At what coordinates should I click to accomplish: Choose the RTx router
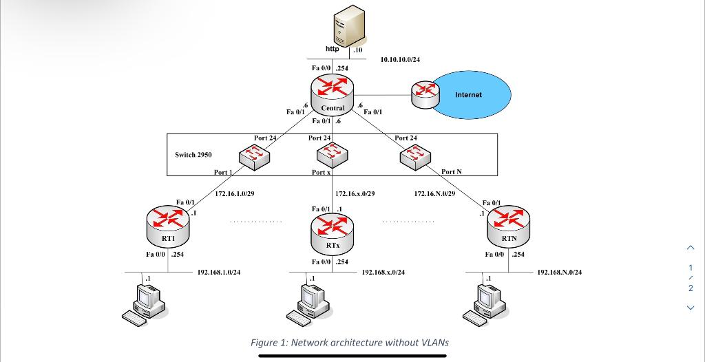333,230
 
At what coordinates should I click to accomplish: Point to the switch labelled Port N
414,157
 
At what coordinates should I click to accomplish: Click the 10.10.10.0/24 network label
400,60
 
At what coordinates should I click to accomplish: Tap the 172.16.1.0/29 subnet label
235,194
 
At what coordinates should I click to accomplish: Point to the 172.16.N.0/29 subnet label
434,194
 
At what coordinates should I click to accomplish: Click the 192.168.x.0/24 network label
383,273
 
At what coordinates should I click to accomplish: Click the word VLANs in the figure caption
432,342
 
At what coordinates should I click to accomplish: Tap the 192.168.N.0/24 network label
559,273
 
